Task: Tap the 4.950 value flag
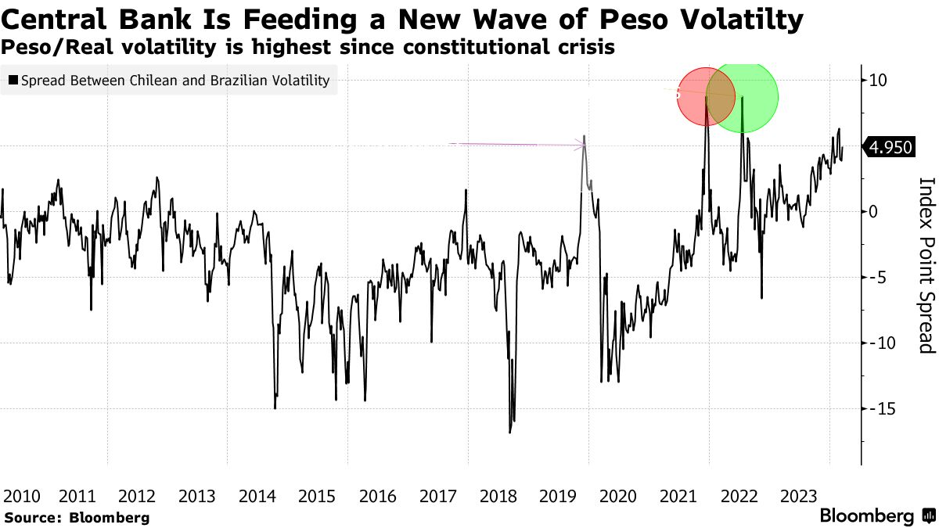(x=890, y=147)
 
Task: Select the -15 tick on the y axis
(x=883, y=408)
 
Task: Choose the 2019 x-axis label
(x=558, y=496)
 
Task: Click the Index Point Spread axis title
(x=926, y=264)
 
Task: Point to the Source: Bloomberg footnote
(x=76, y=517)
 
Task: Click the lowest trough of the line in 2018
(x=509, y=432)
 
